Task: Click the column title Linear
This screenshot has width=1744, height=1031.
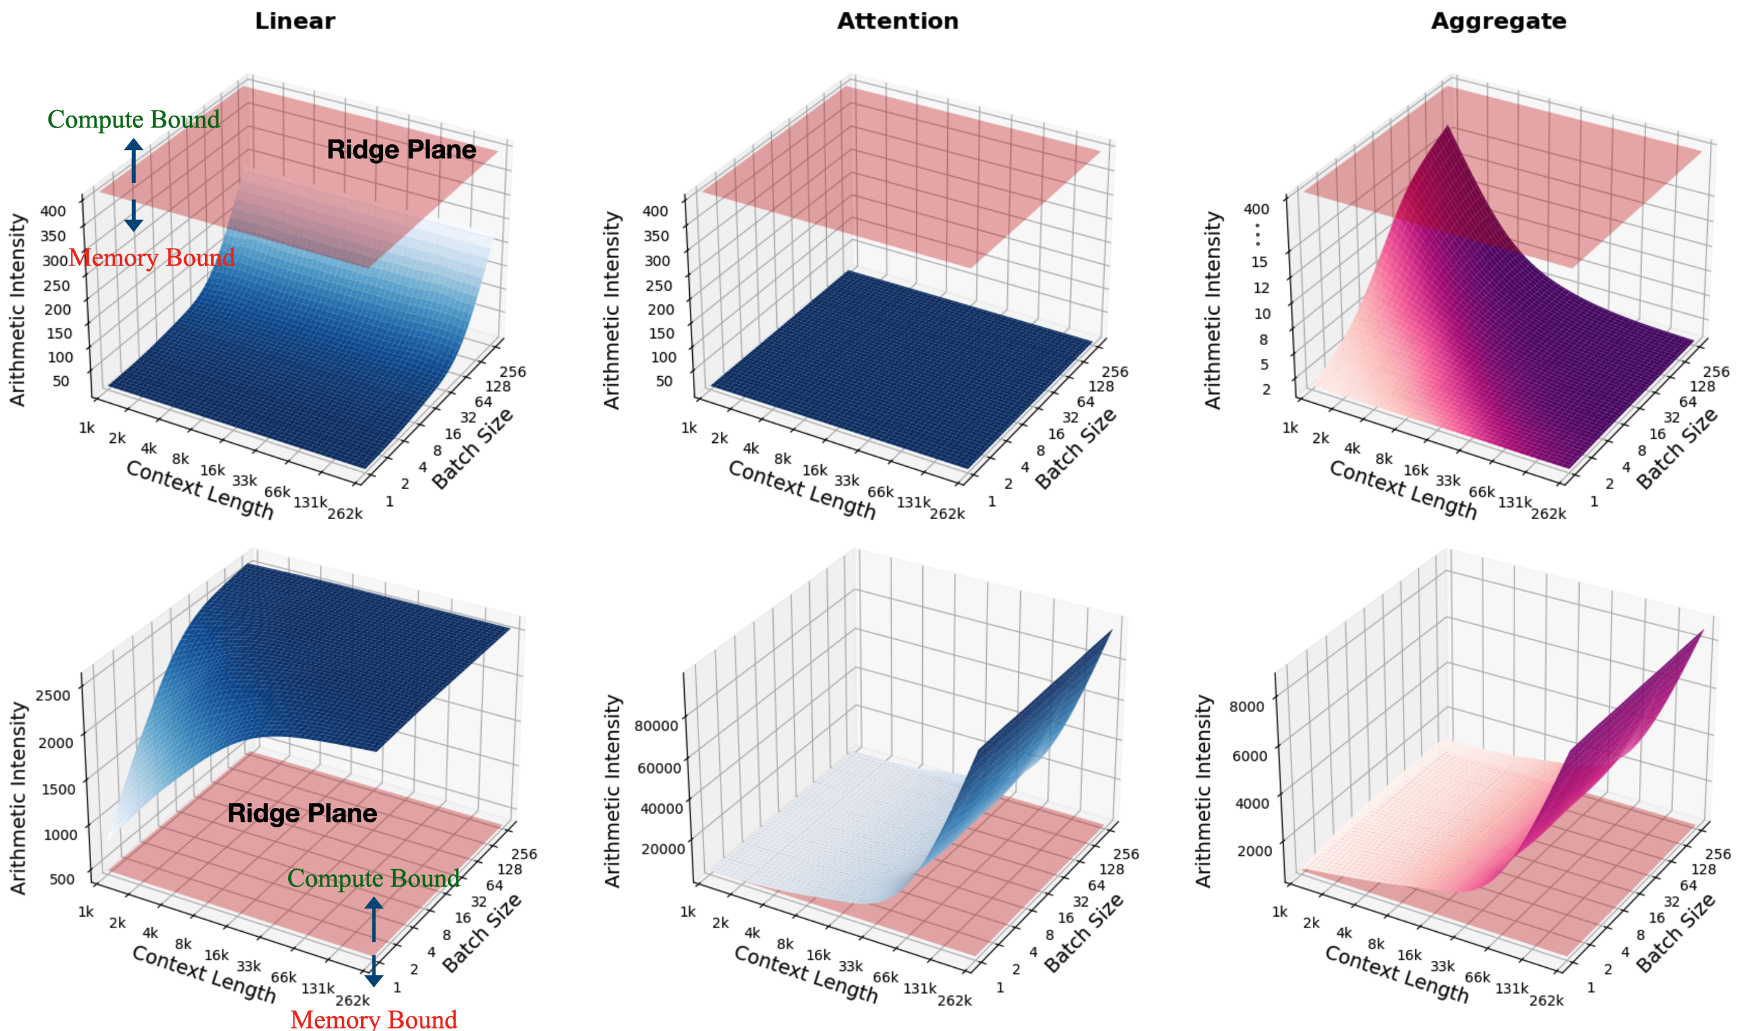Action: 294,21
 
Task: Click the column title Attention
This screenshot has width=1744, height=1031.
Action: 897,21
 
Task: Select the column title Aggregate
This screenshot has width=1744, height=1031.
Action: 1498,21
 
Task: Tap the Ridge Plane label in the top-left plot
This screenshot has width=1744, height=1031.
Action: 401,150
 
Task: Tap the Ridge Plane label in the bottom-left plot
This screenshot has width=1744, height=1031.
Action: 302,814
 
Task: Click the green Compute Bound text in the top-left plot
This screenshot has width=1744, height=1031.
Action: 133,119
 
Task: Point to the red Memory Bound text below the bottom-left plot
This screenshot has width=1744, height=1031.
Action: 374,1019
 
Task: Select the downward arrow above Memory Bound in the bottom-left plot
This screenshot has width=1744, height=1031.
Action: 374,971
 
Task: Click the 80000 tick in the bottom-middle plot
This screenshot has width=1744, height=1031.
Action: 656,726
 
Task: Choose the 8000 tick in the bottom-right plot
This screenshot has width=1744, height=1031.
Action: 1246,707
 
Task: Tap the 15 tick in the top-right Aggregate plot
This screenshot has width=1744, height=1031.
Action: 1259,262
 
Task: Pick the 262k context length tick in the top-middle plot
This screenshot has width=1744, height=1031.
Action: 947,514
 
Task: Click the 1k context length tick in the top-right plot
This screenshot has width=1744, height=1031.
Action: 1290,428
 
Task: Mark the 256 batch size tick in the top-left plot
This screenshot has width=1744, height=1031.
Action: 512,372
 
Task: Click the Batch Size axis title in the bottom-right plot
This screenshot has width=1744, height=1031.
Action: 1676,932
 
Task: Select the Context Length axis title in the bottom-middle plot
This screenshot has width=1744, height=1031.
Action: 805,974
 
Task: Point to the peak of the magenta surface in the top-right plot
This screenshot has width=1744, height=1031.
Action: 1447,127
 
